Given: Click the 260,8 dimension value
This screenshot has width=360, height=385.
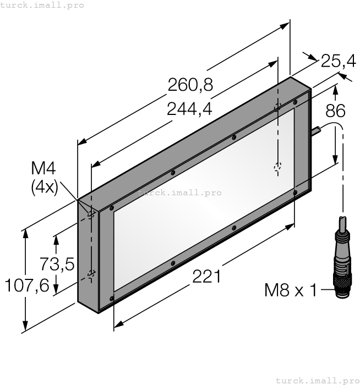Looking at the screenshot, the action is click(190, 85).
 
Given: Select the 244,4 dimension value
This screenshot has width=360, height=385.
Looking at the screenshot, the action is click(189, 109).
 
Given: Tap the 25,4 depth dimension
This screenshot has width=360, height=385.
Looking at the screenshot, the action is click(338, 61).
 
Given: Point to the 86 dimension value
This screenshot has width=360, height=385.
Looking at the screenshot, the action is click(335, 111).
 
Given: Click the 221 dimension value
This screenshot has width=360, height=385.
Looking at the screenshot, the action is click(206, 277).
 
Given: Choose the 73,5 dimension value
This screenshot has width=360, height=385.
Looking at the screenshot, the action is click(57, 264).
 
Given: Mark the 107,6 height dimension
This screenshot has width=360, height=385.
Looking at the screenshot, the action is click(27, 285).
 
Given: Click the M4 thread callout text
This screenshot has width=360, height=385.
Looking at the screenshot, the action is click(43, 168).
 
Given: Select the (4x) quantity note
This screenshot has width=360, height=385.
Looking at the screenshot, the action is click(45, 188).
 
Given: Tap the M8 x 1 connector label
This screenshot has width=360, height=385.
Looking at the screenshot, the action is click(291, 290).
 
